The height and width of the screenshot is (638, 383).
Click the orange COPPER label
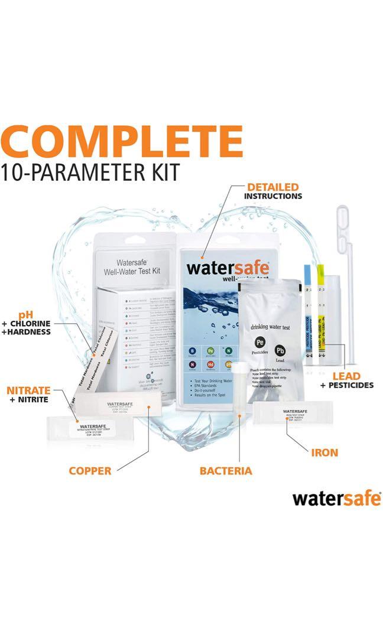(90, 471)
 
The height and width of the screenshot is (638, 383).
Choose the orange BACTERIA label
(225, 471)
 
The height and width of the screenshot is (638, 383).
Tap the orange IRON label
(324, 453)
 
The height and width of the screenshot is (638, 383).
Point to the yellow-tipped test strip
(322, 313)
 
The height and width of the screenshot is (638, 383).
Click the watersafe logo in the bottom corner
(336, 498)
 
